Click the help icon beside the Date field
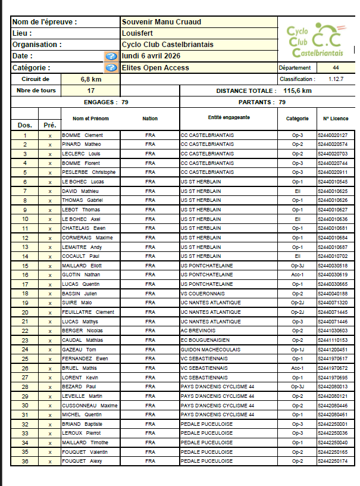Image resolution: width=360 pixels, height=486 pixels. tap(111, 56)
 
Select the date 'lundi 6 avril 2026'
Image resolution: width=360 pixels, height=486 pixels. tap(155, 56)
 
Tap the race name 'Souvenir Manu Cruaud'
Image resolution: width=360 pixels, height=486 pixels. tap(161, 22)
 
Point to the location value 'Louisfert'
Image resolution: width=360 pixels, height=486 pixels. tap(137, 33)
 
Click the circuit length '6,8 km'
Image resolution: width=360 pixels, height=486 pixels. tap(91, 79)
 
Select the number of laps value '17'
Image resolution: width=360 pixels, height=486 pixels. tap(91, 91)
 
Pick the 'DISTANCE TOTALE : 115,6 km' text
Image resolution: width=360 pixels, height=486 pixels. tap(264, 91)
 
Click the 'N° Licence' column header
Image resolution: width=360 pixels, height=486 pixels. tap(336, 119)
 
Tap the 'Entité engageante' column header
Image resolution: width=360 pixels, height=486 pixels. tap(229, 117)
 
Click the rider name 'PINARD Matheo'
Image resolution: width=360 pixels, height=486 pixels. tap(82, 144)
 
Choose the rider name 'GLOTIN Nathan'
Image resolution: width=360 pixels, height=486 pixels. tap(82, 275)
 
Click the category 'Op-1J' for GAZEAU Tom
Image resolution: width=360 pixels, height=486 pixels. tap(297, 349)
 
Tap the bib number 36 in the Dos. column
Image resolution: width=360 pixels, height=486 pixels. tap(25, 461)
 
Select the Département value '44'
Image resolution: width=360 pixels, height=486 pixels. tap(336, 68)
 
